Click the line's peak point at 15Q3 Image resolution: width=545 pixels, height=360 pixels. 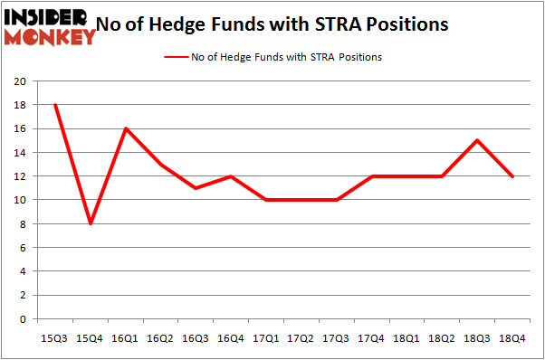click(56, 104)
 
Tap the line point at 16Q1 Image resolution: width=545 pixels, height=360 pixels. click(126, 128)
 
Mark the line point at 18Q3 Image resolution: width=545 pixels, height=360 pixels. click(477, 140)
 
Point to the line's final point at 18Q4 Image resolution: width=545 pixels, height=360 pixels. click(512, 176)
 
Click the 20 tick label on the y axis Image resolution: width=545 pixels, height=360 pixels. click(18, 81)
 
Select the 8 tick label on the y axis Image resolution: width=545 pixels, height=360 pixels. click(21, 223)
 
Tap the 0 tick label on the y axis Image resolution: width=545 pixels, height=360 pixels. click(21, 319)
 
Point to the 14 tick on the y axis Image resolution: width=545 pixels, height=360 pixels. click(18, 152)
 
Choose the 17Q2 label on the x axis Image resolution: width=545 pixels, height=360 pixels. click(301, 337)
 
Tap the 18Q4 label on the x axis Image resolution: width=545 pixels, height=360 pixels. click(512, 337)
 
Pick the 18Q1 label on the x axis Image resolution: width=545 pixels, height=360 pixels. click(406, 337)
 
